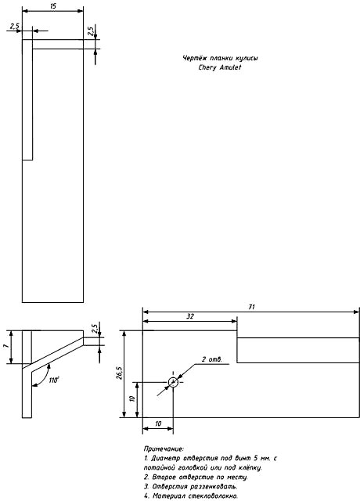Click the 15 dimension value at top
(x=53, y=5)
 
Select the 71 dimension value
(x=252, y=307)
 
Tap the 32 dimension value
(x=190, y=316)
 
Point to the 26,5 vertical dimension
(x=119, y=373)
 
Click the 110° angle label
(x=54, y=380)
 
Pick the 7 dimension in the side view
(x=5, y=347)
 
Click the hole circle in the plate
(x=173, y=382)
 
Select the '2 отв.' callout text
(x=211, y=359)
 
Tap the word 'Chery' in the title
(x=207, y=67)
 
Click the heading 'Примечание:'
(x=164, y=449)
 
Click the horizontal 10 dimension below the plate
(x=158, y=424)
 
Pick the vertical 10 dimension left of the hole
(x=133, y=398)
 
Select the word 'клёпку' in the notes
(x=250, y=468)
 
